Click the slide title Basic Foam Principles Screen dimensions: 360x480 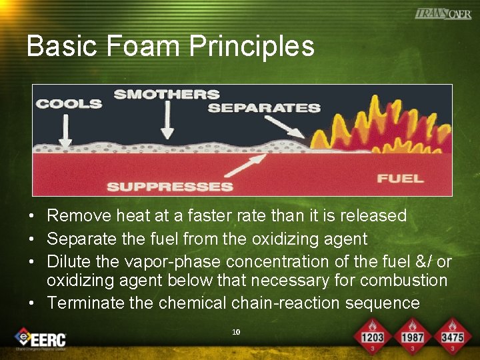[170, 47]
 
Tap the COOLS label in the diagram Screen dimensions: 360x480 [69, 104]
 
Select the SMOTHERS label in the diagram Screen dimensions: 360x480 [166, 95]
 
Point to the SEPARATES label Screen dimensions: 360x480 [264, 108]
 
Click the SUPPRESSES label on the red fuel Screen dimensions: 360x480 [169, 187]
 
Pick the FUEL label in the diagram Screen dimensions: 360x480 [400, 178]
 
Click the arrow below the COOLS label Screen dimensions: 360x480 [65, 129]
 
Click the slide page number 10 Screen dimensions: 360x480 [236, 331]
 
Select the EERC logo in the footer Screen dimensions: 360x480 [40, 338]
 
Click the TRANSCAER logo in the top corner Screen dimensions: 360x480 [443, 13]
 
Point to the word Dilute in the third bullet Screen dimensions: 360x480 [67, 262]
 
